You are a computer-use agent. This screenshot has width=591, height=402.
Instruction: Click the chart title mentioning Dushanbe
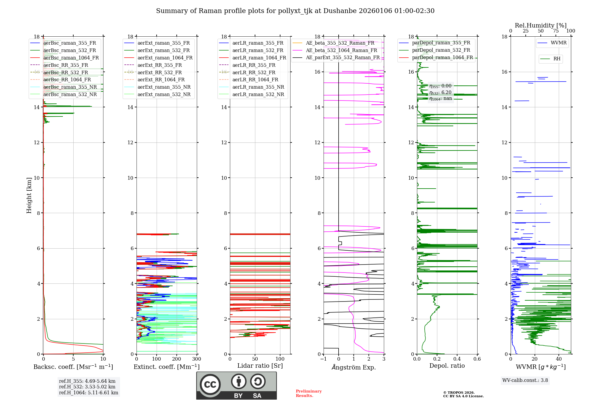click(295, 11)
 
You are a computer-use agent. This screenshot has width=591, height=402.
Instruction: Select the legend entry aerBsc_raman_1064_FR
click(71, 58)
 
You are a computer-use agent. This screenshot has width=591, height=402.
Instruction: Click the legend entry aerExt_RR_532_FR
click(160, 72)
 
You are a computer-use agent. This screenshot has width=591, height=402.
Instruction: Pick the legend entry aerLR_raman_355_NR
click(258, 87)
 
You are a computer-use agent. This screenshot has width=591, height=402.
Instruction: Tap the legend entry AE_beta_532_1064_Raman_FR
click(341, 50)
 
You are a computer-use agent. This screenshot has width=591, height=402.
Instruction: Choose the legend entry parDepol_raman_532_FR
click(441, 50)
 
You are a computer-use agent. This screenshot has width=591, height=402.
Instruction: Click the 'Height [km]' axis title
click(29, 195)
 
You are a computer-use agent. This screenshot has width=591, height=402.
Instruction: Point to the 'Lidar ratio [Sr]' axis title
click(260, 366)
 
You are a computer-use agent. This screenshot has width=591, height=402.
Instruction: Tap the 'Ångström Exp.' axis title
click(354, 367)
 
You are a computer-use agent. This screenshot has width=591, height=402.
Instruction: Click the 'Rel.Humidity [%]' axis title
click(541, 25)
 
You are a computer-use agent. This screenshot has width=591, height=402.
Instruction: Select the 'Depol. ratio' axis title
click(447, 366)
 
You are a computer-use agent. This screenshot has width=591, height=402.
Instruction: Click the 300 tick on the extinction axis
click(197, 359)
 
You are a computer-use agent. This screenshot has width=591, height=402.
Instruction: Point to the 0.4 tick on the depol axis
click(457, 359)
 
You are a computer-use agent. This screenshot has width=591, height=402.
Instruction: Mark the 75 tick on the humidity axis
click(556, 31)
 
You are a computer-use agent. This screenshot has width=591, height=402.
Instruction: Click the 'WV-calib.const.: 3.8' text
click(525, 380)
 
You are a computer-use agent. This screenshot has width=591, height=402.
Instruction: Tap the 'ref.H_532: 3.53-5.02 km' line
click(87, 387)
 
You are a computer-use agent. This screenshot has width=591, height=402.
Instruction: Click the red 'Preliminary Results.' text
click(309, 393)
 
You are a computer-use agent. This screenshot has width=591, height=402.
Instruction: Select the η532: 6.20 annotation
click(440, 92)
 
